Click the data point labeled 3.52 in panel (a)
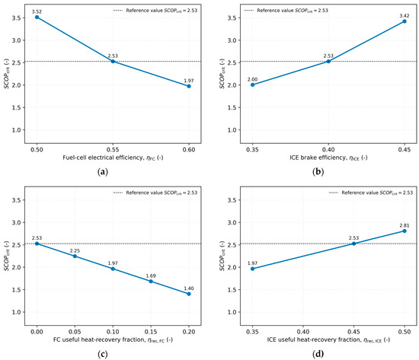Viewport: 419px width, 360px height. [37, 17]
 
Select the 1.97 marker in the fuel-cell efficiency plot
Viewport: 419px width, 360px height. [189, 86]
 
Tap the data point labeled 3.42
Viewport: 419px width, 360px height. [405, 21]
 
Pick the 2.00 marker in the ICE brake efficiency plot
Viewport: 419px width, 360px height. [252, 84]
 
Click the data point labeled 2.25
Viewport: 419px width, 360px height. [75, 256]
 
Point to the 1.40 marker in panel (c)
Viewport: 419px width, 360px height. [189, 294]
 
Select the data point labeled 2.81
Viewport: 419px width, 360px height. [405, 231]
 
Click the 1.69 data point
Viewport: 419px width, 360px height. [151, 281]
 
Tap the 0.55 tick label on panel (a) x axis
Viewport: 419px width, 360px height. [113, 149]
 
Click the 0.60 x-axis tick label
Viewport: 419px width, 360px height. [189, 149]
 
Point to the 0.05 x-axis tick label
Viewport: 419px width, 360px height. [75, 332]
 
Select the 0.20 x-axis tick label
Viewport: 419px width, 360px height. [189, 332]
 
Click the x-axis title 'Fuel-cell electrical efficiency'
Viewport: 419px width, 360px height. [103, 158]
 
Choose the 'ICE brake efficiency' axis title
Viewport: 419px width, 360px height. [318, 158]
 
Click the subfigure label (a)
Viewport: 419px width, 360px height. [103, 172]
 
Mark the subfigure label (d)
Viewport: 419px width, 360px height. [318, 354]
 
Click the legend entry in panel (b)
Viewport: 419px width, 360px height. [286, 11]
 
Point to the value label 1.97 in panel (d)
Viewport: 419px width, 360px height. [252, 263]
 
